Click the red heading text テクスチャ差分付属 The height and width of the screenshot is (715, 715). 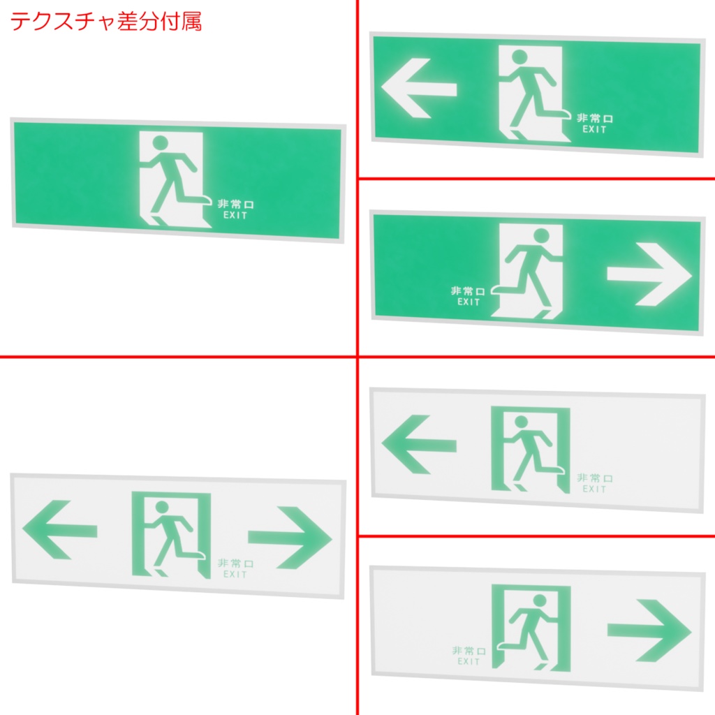coord(105,22)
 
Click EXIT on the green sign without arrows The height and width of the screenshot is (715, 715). coord(235,216)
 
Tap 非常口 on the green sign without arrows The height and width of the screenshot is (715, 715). coord(235,204)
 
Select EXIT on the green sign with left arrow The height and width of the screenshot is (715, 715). coord(594,129)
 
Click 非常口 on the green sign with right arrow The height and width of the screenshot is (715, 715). coord(468,290)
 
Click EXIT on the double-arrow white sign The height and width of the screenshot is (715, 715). coord(235,575)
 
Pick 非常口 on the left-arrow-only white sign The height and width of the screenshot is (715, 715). coord(594,478)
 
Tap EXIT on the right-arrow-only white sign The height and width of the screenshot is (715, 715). coord(469,661)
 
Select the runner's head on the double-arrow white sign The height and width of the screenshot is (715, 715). coord(162,507)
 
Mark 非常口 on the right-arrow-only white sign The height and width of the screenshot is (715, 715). coord(468,650)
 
